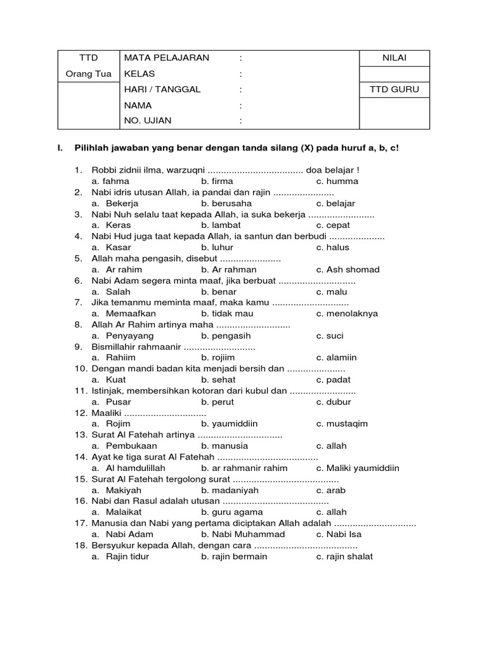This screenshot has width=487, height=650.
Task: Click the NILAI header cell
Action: [x=394, y=58]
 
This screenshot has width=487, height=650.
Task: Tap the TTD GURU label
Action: [x=394, y=90]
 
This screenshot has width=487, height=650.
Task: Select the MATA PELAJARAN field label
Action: [x=167, y=58]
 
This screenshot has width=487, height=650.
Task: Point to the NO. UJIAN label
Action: [x=148, y=121]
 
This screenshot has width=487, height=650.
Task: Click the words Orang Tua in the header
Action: [x=89, y=74]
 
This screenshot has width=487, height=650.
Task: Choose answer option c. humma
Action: [x=337, y=181]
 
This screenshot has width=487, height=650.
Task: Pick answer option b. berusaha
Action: [x=226, y=203]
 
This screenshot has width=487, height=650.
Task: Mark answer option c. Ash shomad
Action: [x=348, y=269]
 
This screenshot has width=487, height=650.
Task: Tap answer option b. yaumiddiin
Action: [x=230, y=423]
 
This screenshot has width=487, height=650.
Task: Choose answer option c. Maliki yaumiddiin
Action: [x=358, y=468]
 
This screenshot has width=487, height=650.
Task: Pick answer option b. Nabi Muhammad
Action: [x=243, y=534]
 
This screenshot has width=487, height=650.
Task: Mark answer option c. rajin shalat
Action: [x=345, y=556]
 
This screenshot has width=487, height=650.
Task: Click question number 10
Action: [x=81, y=368]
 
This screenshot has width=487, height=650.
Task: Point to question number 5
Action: [x=79, y=258]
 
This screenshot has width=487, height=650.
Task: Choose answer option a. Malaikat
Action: [x=117, y=512]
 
